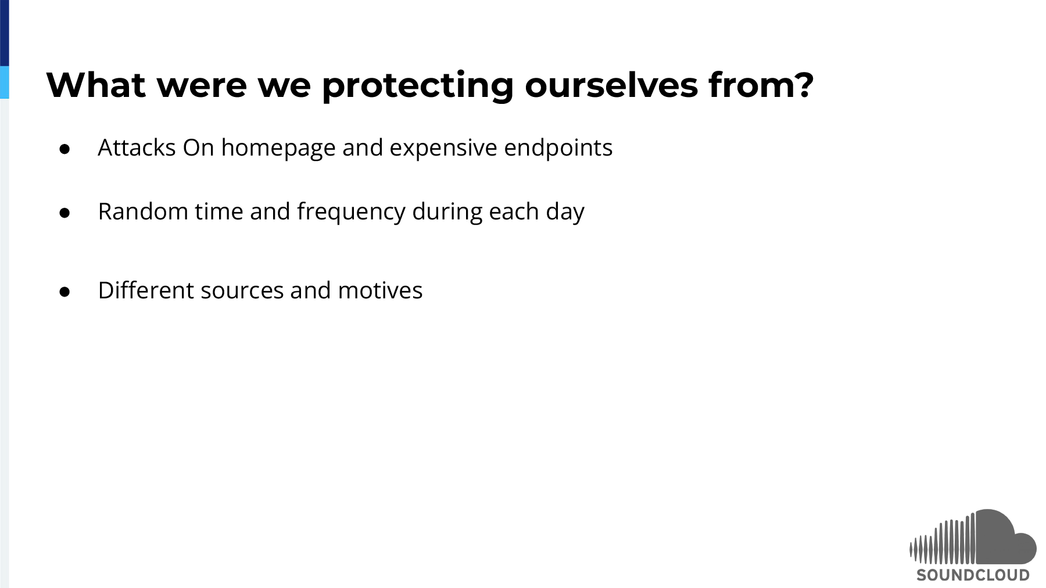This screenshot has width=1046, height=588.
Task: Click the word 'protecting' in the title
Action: click(417, 86)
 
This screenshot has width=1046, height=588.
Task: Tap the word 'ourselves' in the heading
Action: click(611, 85)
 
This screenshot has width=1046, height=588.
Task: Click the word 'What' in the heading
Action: click(96, 85)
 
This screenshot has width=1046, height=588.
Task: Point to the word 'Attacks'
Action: click(137, 147)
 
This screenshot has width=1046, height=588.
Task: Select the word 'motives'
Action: click(380, 291)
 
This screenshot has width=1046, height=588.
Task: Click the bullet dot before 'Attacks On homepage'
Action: click(65, 149)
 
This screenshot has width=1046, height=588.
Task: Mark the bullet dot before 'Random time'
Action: click(65, 213)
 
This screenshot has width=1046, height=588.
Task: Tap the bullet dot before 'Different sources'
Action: click(65, 292)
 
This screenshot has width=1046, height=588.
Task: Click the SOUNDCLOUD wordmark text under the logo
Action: click(973, 575)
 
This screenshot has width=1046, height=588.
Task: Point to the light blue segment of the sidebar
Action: click(5, 82)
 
